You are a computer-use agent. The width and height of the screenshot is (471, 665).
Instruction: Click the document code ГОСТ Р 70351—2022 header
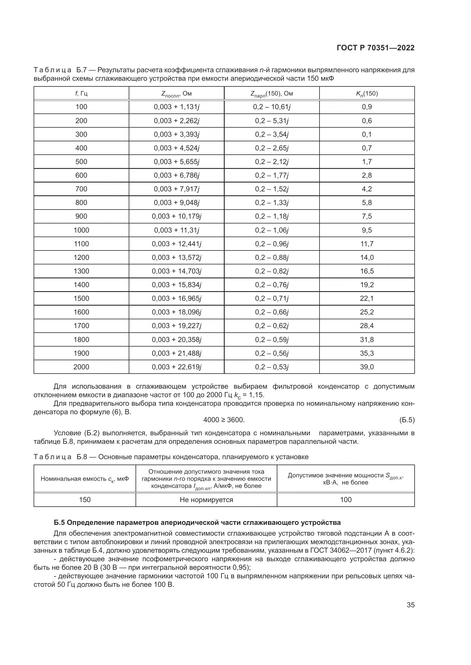tap(376, 48)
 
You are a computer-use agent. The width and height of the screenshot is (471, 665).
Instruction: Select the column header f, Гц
tap(81, 94)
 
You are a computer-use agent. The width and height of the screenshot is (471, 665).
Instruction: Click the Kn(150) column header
tap(367, 94)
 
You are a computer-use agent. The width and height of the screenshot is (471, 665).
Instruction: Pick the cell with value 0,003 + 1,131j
tap(176, 107)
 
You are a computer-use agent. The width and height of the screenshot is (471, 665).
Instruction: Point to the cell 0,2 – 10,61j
tap(272, 107)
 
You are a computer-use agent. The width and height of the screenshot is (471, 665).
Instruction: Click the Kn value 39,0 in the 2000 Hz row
tap(367, 367)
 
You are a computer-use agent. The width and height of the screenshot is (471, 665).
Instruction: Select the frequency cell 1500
tap(81, 299)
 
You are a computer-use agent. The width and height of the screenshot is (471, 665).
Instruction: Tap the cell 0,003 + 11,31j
tap(176, 230)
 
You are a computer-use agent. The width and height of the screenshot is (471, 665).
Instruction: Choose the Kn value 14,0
tap(367, 258)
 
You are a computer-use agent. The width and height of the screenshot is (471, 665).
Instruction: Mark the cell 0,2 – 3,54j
tap(272, 134)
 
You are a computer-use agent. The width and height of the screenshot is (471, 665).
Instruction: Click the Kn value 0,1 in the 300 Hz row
tap(367, 134)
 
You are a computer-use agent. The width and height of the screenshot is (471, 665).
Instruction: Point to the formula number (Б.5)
tap(407, 420)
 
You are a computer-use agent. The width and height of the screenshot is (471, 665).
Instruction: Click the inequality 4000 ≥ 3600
tap(224, 420)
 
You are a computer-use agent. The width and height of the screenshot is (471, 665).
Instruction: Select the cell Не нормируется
tap(206, 500)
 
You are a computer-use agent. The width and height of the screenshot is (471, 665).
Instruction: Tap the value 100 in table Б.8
tap(346, 500)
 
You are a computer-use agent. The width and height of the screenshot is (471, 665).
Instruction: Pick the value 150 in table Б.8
tap(85, 500)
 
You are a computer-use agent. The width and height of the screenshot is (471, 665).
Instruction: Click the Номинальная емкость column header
tap(85, 479)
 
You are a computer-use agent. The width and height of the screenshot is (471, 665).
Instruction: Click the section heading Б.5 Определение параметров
tap(197, 523)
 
